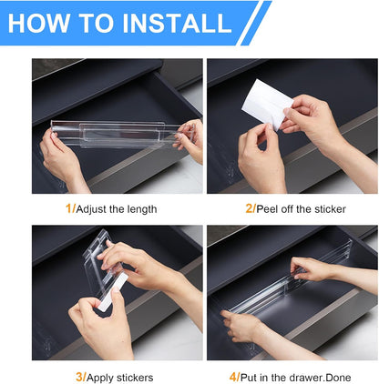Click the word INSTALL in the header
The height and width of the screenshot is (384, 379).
click(x=177, y=23)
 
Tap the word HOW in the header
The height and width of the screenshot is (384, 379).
click(x=38, y=23)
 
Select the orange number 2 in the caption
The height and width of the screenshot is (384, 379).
click(x=249, y=208)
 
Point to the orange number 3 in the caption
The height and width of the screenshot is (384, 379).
click(x=79, y=378)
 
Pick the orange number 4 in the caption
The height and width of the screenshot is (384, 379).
click(x=233, y=378)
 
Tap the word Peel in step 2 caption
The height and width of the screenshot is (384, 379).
click(x=267, y=208)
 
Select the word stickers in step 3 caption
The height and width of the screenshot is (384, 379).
click(x=135, y=378)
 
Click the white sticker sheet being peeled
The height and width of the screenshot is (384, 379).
click(x=267, y=103)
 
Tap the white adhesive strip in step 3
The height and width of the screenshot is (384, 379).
click(x=111, y=292)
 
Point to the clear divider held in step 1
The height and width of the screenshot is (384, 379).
click(x=122, y=134)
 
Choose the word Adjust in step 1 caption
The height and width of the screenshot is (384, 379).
click(x=91, y=209)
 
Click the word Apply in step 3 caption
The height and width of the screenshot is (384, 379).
click(x=100, y=379)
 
